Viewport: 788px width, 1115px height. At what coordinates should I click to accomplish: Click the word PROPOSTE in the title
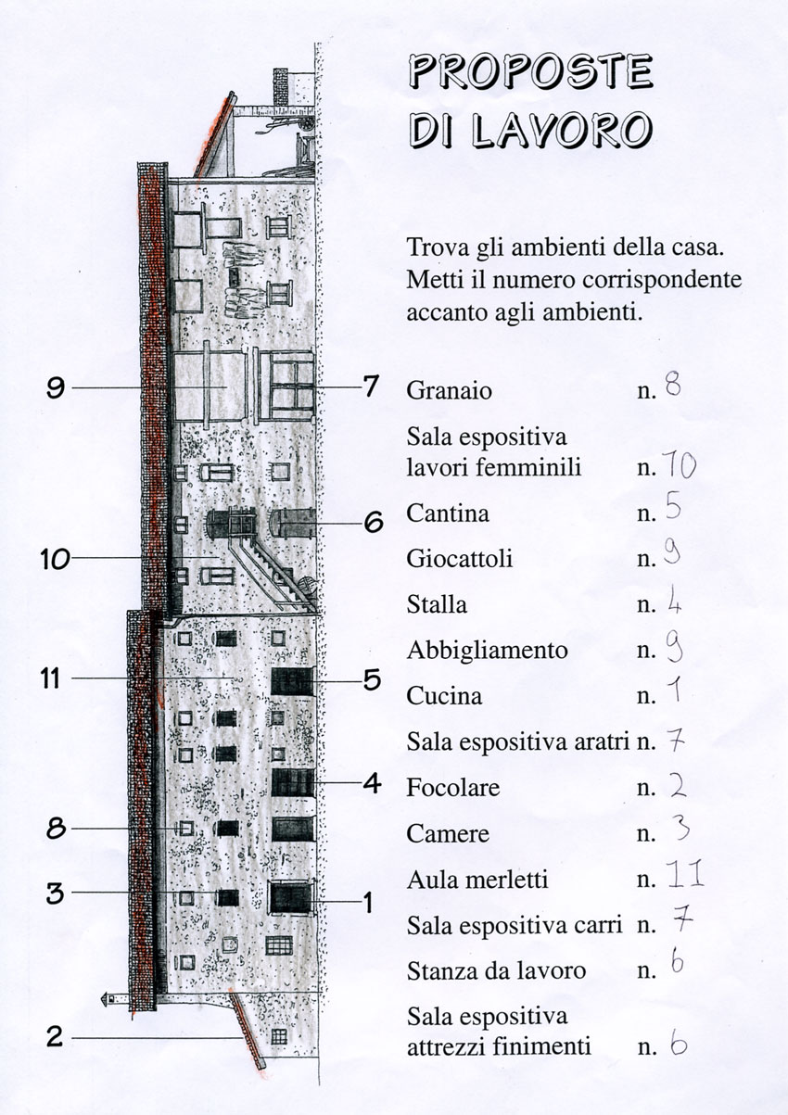[x=530, y=73]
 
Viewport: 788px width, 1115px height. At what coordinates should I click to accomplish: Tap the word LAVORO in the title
[x=562, y=131]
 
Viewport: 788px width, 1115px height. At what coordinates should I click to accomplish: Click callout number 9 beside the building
[x=56, y=387]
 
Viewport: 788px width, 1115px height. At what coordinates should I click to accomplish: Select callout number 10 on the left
[x=56, y=559]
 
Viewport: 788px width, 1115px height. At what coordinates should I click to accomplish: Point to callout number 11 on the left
[x=50, y=678]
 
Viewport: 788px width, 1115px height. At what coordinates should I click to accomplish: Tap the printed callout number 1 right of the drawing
[x=368, y=903]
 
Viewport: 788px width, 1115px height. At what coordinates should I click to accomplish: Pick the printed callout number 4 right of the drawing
[x=372, y=783]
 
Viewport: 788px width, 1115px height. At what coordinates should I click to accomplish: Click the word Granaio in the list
[x=449, y=390]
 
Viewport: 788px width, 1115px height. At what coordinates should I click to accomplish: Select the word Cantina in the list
[x=448, y=513]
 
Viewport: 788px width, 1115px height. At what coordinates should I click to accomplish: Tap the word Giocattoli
[x=460, y=559]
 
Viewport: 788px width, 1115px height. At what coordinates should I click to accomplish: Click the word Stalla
[x=437, y=605]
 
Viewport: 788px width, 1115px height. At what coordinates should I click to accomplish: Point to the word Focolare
[x=453, y=788]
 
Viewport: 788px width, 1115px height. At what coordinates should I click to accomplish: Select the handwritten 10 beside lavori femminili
[x=680, y=466]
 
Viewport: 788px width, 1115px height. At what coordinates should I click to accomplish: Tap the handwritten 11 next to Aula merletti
[x=685, y=876]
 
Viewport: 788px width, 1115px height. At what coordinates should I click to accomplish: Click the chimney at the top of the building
[x=281, y=87]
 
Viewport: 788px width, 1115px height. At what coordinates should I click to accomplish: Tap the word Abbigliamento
[x=487, y=651]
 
